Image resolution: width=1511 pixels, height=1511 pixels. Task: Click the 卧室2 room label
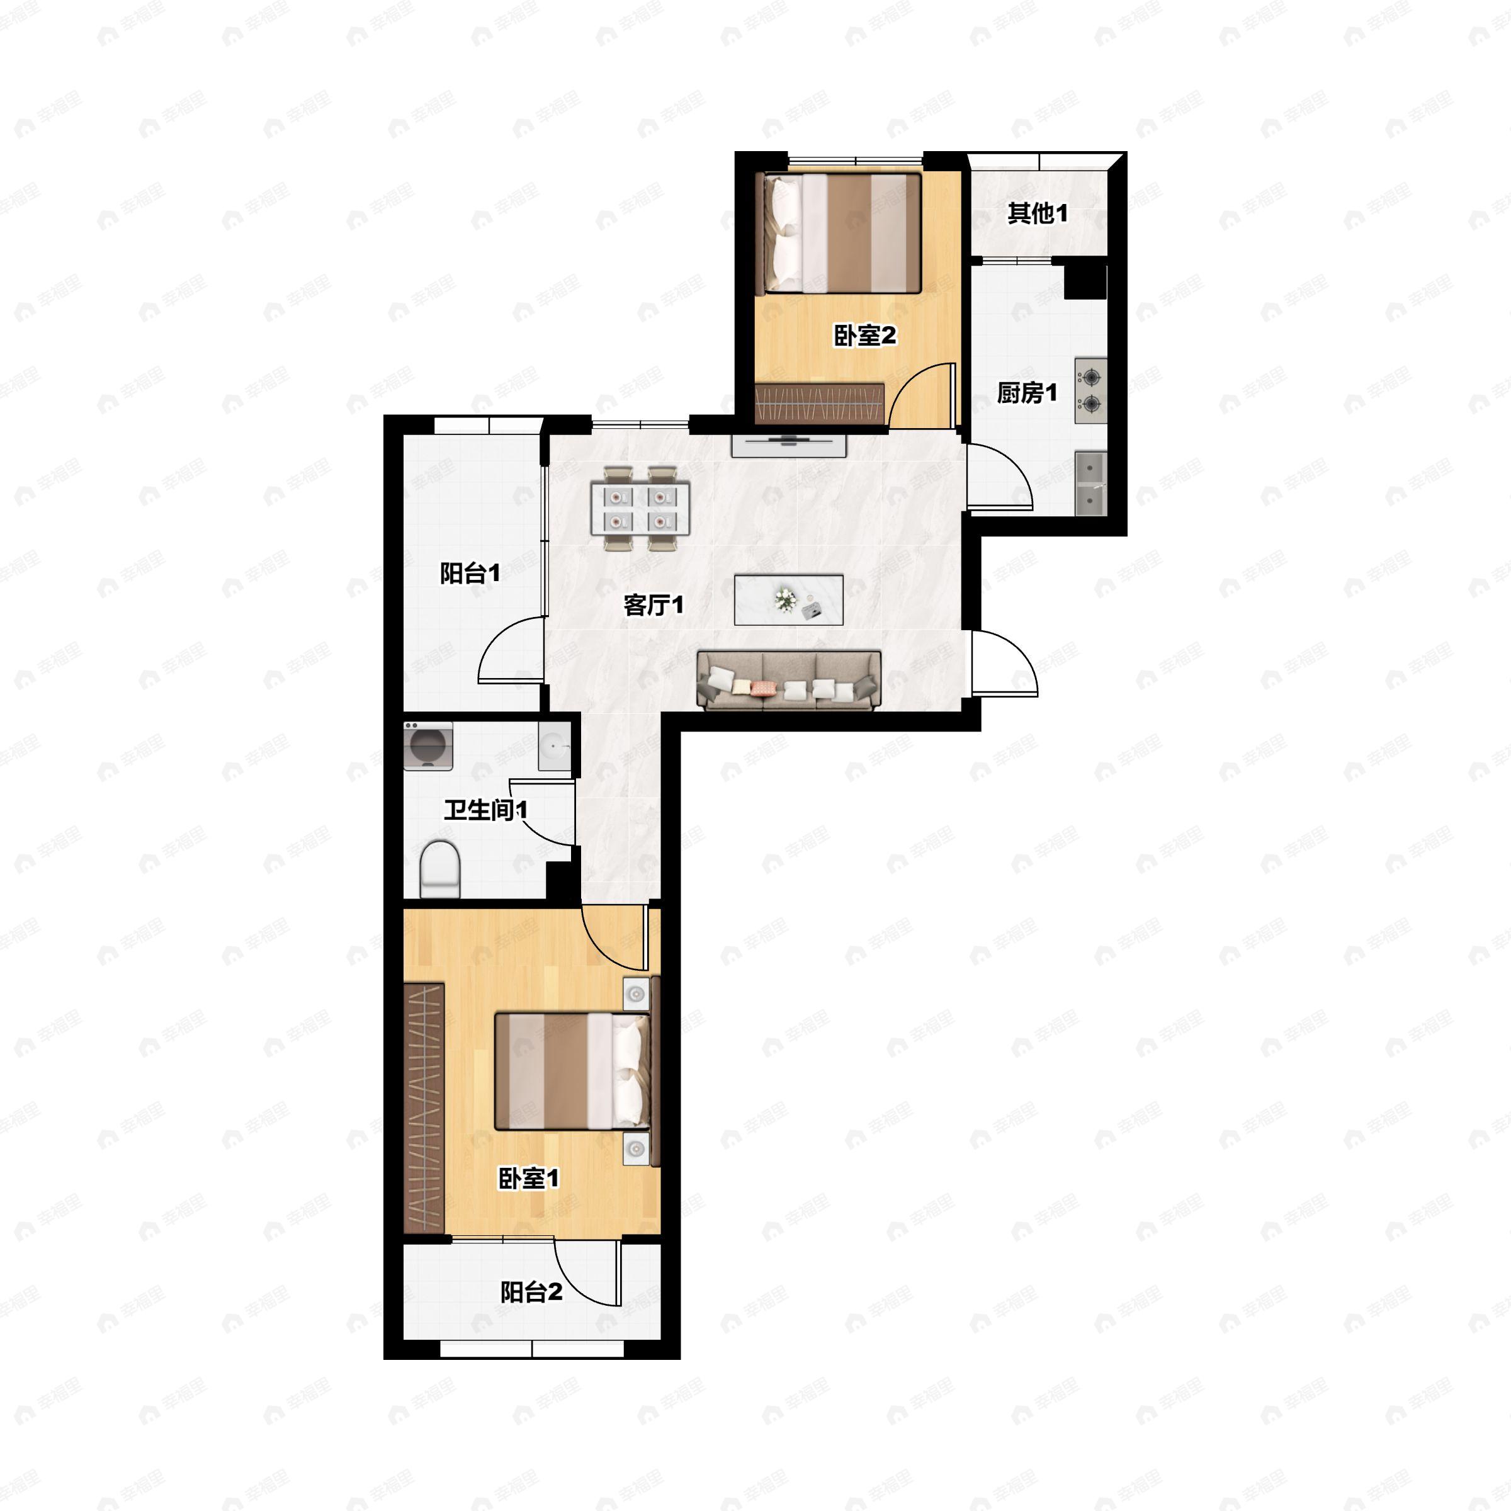tap(865, 336)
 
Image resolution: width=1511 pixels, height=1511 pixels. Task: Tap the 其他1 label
tap(1037, 213)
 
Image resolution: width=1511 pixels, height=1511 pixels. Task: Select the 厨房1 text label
tap(1027, 393)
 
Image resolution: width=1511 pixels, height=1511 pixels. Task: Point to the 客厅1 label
tap(654, 604)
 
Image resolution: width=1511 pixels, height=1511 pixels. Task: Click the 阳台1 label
tap(470, 574)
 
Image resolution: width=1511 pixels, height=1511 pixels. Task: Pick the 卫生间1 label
tap(485, 810)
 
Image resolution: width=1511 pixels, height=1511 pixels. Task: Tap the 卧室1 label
tap(529, 1179)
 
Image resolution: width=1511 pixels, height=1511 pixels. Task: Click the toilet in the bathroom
tap(440, 869)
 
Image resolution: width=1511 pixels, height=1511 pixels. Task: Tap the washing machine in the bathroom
tap(429, 746)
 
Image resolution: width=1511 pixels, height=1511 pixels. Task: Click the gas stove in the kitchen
tap(1090, 391)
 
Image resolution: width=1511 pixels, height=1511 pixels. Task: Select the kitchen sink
tap(1091, 484)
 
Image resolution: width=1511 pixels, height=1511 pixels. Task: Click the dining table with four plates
tap(640, 508)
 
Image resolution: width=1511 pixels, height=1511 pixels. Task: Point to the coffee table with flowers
tap(788, 600)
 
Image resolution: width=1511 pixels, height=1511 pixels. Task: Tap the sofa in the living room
tap(789, 681)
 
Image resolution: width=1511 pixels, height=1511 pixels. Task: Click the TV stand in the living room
tap(789, 445)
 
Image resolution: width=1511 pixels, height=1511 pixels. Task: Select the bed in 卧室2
tap(839, 233)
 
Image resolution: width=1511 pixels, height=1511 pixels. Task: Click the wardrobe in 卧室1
tap(424, 1108)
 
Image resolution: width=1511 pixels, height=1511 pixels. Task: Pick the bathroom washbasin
tap(555, 746)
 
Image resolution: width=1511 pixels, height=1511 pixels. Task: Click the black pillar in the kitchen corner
tap(1085, 281)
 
